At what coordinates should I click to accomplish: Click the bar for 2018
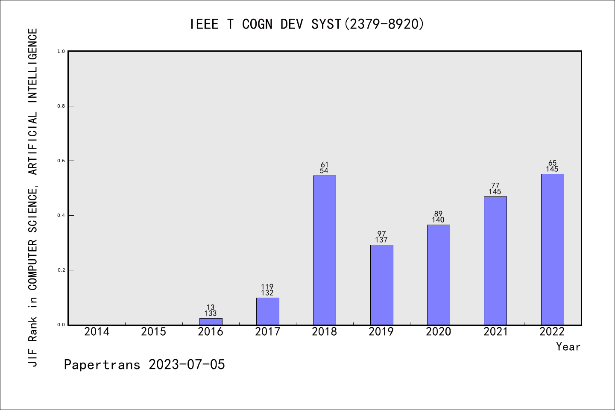tap(324, 250)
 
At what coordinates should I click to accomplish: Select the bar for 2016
tap(211, 321)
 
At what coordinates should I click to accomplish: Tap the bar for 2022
tap(552, 249)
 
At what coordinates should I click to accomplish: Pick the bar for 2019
tap(381, 284)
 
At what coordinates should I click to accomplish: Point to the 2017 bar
tap(267, 311)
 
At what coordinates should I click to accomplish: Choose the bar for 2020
tap(438, 275)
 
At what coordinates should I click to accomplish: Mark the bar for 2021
tap(495, 261)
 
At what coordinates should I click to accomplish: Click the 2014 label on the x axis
tap(97, 332)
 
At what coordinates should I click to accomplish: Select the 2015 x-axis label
tap(153, 332)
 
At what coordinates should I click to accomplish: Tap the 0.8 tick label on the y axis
tap(61, 106)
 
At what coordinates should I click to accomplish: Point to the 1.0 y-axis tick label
tap(61, 51)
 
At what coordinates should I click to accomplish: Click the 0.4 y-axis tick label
tap(61, 215)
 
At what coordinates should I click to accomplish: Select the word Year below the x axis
tap(568, 347)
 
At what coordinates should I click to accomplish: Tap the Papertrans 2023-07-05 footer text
tap(144, 365)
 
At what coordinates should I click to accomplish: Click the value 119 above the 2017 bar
tap(267, 287)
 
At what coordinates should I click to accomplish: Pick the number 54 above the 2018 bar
tap(324, 171)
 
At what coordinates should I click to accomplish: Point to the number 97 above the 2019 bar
tap(381, 234)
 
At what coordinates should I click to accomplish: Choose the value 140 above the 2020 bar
tap(438, 220)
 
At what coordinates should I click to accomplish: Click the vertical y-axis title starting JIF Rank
tap(33, 197)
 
